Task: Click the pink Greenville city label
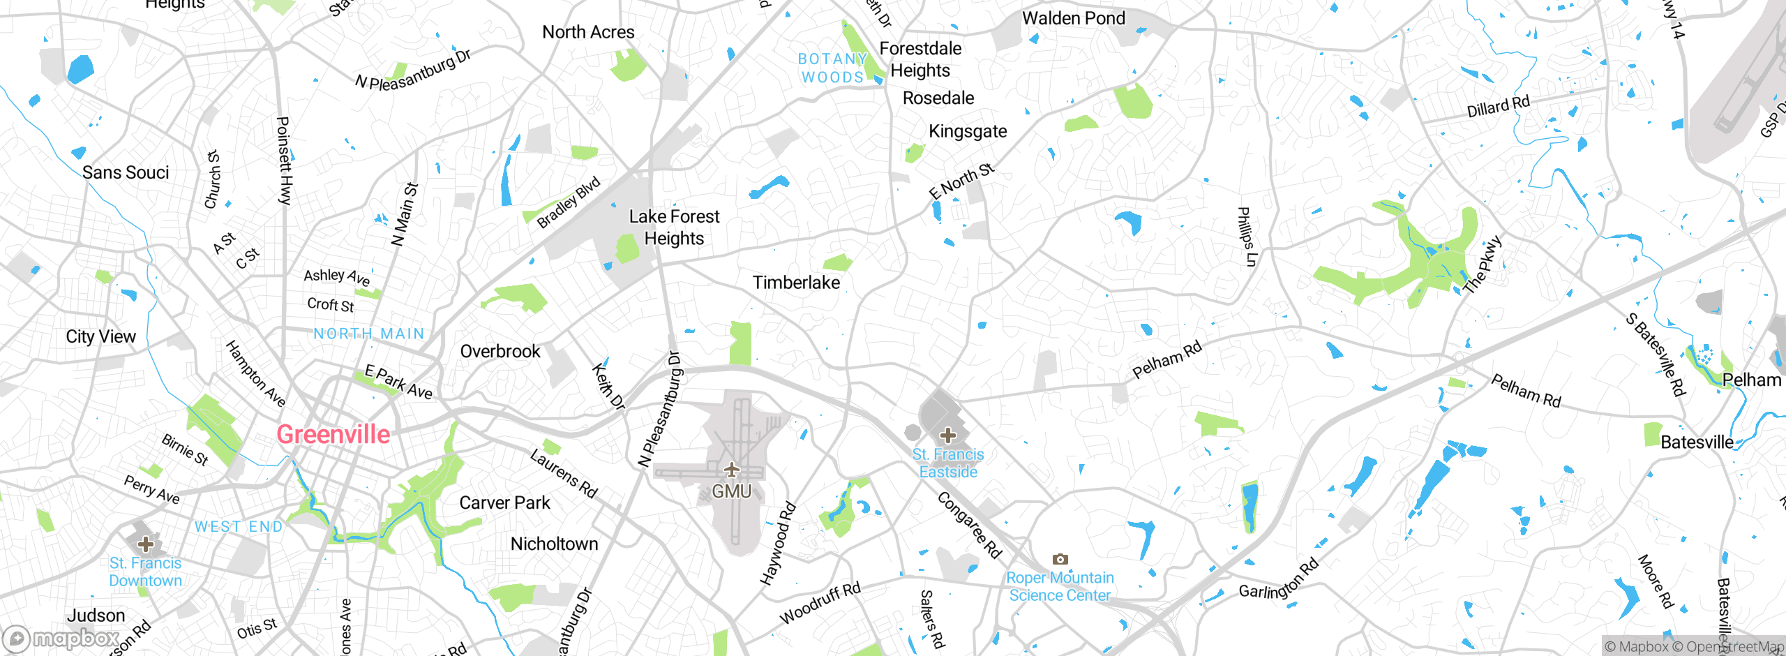333,435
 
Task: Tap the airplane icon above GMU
731,469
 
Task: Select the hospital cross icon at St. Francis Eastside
947,435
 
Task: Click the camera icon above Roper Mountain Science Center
1060,559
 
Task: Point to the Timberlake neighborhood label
796,283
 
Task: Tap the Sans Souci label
126,172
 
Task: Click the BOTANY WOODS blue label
833,68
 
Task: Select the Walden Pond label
1074,18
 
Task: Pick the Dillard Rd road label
1498,107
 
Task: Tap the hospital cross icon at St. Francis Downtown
145,544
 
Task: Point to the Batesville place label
1697,442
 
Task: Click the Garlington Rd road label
1278,579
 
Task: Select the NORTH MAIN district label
369,334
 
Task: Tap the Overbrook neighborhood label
500,351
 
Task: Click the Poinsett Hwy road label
284,161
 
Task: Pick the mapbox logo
61,638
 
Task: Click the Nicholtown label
555,544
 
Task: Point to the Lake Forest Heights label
674,228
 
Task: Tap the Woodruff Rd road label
820,603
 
